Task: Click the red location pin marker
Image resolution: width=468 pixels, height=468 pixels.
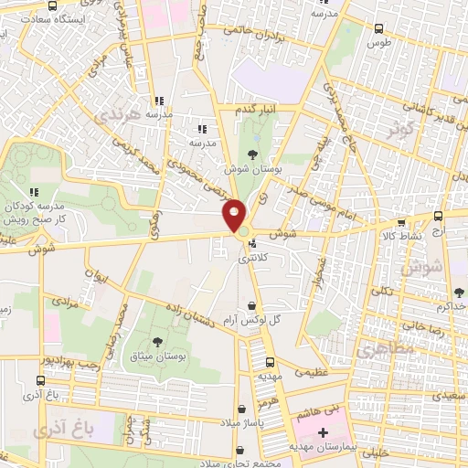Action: pyautogui.click(x=234, y=216)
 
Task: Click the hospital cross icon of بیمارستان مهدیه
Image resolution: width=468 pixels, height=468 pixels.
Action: pyautogui.click(x=323, y=431)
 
